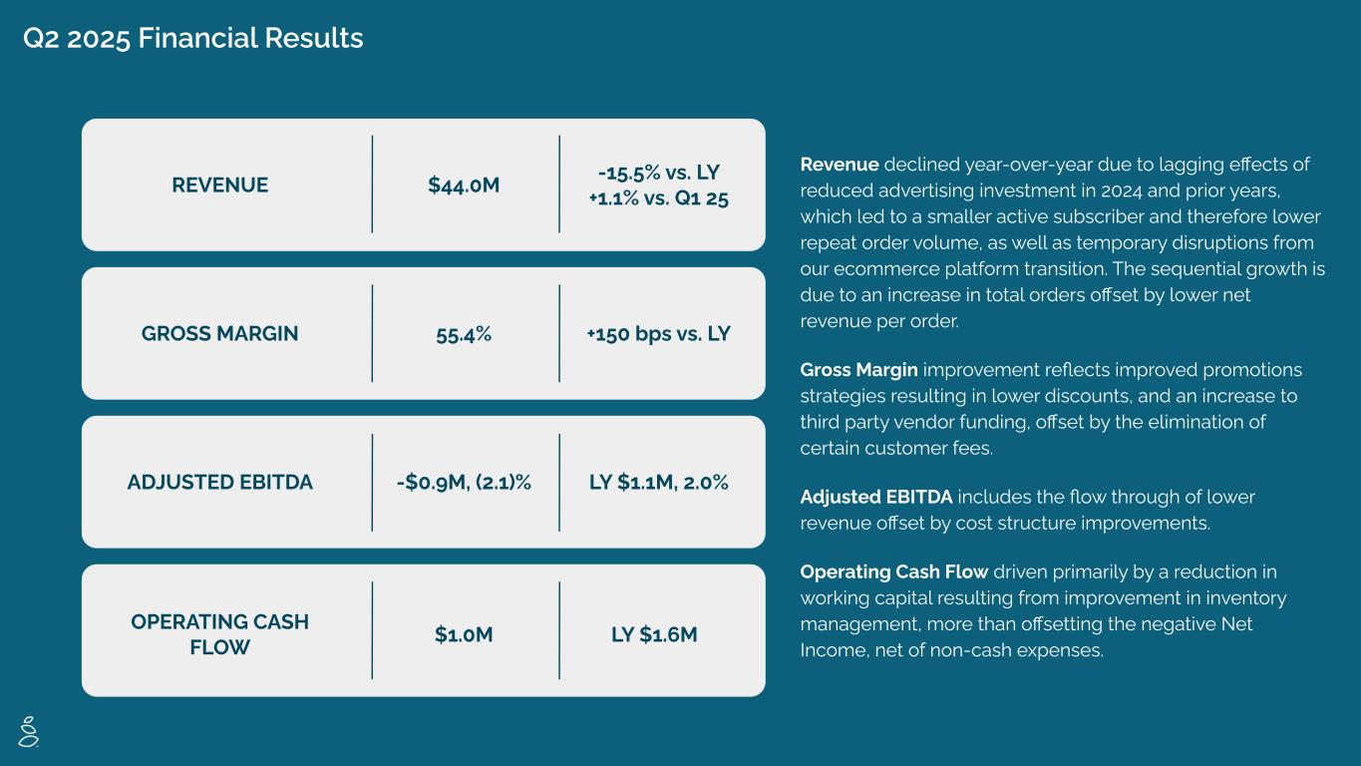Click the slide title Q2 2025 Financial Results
tap(193, 39)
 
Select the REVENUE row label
tap(219, 186)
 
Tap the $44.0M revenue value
tap(464, 186)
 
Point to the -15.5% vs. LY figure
tap(658, 173)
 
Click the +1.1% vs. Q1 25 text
tap(658, 198)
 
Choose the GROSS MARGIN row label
tap(219, 334)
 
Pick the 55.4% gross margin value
tap(464, 334)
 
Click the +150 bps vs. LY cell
tap(658, 334)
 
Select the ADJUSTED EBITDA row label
tap(219, 483)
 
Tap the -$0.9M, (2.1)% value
tap(464, 483)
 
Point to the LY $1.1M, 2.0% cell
tap(658, 483)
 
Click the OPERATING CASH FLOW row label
tap(219, 634)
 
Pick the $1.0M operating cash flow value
tap(464, 634)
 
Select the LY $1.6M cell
tap(654, 634)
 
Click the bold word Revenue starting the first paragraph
tap(840, 165)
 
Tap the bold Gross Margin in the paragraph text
tap(859, 370)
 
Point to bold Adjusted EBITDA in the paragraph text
tap(876, 497)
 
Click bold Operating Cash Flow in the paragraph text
tap(894, 573)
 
